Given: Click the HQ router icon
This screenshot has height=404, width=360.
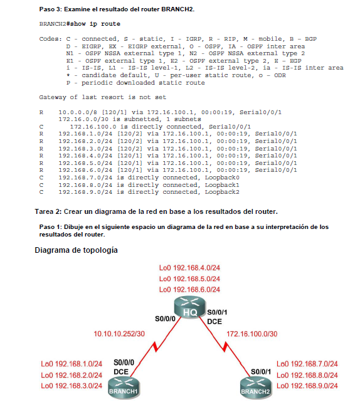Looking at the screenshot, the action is point(190,312).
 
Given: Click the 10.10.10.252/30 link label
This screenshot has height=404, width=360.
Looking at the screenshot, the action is point(119,333).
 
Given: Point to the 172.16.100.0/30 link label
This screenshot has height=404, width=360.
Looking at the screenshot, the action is point(251,333).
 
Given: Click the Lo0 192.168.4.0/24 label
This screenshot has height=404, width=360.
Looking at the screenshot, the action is point(189,268).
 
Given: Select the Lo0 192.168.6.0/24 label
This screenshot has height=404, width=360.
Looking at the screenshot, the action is point(189,289).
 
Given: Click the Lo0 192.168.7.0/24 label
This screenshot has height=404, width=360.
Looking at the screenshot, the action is point(307,363).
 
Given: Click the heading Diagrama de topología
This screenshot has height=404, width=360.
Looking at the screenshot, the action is point(76,250).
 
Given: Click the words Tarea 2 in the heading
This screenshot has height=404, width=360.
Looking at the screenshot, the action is point(50,211).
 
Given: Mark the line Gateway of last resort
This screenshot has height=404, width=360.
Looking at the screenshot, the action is point(102,97).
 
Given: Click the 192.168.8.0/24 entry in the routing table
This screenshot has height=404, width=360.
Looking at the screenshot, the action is point(83,186).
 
